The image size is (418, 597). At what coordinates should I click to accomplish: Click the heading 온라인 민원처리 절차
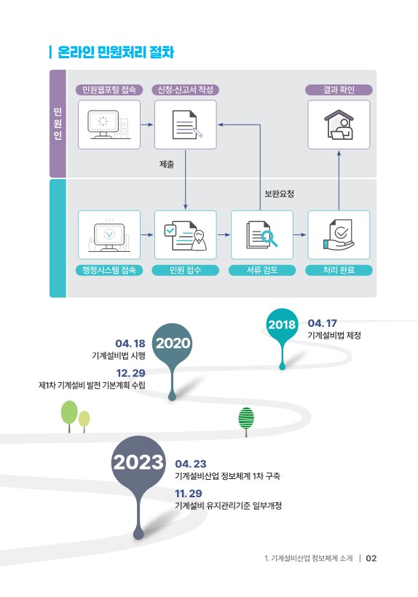tap(116, 52)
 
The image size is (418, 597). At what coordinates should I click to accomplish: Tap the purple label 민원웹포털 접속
tap(109, 90)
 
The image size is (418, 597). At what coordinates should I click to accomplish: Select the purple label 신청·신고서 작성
tap(186, 90)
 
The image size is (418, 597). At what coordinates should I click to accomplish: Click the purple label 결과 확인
tap(339, 90)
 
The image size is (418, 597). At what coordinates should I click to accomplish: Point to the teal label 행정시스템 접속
tap(109, 270)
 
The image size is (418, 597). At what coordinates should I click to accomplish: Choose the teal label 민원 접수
tap(186, 270)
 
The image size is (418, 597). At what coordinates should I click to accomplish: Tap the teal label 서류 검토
tap(262, 270)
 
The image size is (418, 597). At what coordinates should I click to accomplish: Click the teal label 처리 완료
tap(339, 270)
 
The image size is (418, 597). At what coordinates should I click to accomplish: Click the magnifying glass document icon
tap(262, 235)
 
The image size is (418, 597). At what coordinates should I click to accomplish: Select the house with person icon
tap(339, 124)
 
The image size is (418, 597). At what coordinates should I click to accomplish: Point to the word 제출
tap(167, 165)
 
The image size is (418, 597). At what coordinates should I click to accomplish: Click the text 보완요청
tap(280, 194)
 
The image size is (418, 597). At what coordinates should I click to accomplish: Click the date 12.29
tap(130, 373)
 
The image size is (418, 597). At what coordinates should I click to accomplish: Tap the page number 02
tap(371, 558)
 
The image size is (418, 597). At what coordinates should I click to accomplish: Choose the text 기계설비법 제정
tap(334, 336)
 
